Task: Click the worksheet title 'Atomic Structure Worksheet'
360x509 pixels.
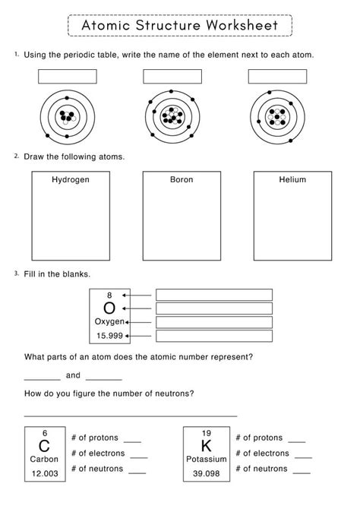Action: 179,25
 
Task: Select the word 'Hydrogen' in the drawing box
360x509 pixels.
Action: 70,180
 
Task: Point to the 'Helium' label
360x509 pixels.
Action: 292,180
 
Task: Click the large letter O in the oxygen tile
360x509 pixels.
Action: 109,308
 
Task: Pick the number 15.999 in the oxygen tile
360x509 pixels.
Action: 109,335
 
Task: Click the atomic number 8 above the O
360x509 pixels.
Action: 109,295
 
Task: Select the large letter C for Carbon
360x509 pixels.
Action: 44,446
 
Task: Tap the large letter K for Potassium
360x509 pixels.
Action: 207,446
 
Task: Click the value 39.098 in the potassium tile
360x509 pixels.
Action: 207,473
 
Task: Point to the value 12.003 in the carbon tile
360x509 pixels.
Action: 44,473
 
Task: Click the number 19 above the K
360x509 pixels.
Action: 207,432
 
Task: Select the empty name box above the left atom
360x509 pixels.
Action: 68,77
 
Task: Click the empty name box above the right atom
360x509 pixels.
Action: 278,77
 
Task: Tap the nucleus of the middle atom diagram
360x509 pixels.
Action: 173,116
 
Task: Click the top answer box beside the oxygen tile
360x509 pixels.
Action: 213,295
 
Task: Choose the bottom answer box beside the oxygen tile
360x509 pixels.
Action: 213,335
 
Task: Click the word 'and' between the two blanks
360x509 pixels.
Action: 73,375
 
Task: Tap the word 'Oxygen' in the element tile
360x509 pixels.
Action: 109,321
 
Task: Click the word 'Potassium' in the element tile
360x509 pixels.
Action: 207,460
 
